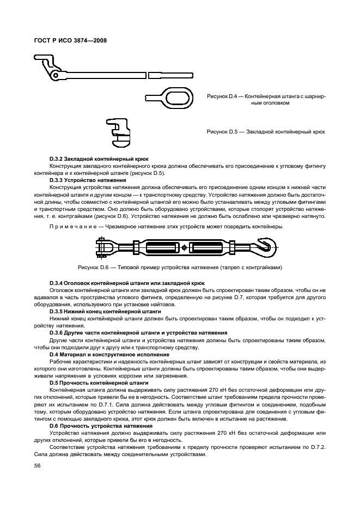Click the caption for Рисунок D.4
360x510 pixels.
tap(266, 99)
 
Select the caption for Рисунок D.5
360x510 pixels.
tap(266, 132)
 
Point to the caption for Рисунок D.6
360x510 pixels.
tap(180, 268)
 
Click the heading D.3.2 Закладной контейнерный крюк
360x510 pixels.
tap(87, 159)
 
